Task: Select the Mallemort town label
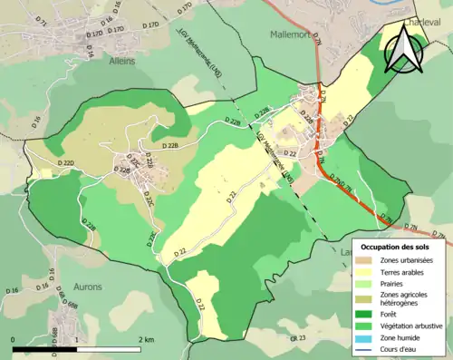tap(293, 34)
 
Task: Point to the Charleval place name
tap(396, 20)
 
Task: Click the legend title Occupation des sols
tap(400, 246)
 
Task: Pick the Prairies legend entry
tap(388, 283)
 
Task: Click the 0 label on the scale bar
tap(13, 338)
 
